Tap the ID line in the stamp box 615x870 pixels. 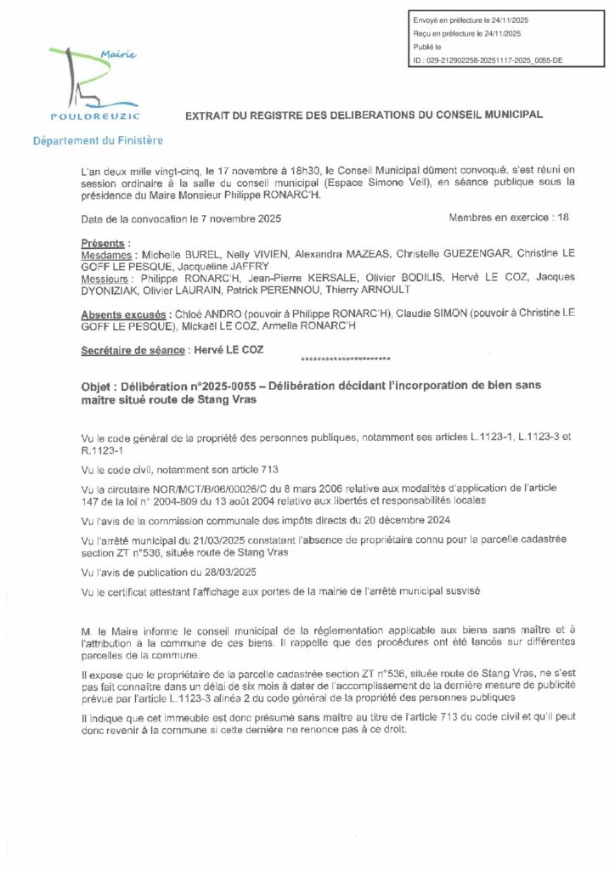click(x=482, y=62)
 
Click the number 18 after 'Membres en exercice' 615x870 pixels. click(x=560, y=217)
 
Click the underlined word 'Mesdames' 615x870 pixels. click(x=106, y=255)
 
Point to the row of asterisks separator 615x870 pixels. click(x=340, y=359)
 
